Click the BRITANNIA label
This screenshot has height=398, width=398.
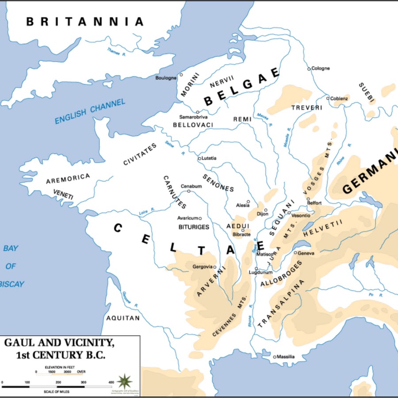85,22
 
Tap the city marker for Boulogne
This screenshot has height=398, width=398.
181,75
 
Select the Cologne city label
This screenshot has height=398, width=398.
321,69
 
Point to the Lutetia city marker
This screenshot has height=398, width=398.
199,158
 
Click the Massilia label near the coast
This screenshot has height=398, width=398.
286,357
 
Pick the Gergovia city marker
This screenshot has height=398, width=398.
215,267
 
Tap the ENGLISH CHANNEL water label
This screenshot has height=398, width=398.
90,111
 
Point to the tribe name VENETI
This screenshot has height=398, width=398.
63,194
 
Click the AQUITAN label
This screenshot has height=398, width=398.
123,318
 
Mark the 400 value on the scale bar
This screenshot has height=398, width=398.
111,382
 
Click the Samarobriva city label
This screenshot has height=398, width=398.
193,117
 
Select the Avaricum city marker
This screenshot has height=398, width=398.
200,218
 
